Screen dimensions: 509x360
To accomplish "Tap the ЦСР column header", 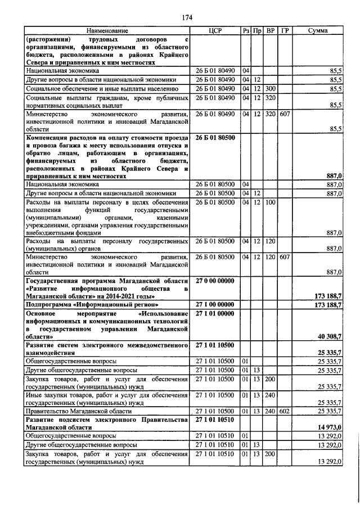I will coord(217,30).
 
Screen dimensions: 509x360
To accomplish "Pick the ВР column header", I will coord(271,30).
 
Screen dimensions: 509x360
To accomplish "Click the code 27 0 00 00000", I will coord(218,280).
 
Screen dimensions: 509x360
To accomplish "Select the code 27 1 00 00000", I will coord(218,304).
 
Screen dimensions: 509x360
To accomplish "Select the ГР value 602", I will coord(285,412).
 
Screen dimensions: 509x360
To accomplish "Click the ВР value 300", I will coord(271,89).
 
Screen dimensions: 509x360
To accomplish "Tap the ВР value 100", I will coord(271,202).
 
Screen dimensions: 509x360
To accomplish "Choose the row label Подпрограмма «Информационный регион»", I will coord(83,304).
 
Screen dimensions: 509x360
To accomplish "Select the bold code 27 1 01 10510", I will coord(218,420).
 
